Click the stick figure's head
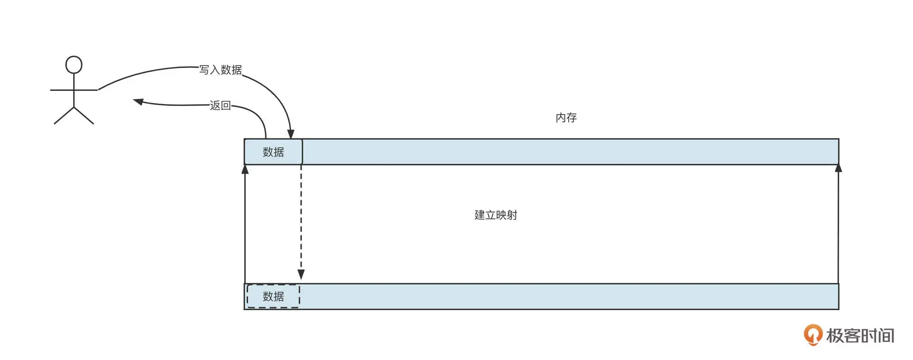point(74,65)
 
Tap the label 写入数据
point(220,70)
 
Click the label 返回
point(220,105)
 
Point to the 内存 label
point(566,117)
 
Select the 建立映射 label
point(495,215)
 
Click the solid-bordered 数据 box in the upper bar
point(273,152)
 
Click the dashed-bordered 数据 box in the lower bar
point(273,296)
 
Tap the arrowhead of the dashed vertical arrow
point(301,274)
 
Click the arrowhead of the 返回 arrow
point(138,101)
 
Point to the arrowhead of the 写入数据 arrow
point(291,134)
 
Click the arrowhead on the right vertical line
point(838,168)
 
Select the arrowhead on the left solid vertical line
point(245,169)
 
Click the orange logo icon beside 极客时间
point(813,334)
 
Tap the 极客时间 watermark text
point(860,336)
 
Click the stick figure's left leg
point(64,116)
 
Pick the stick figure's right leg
point(84,116)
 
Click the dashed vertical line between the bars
point(301,219)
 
